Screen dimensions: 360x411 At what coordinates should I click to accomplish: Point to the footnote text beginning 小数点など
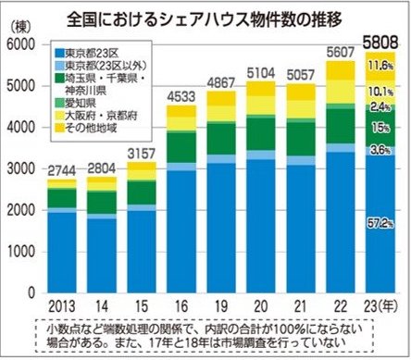coord(204,336)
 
